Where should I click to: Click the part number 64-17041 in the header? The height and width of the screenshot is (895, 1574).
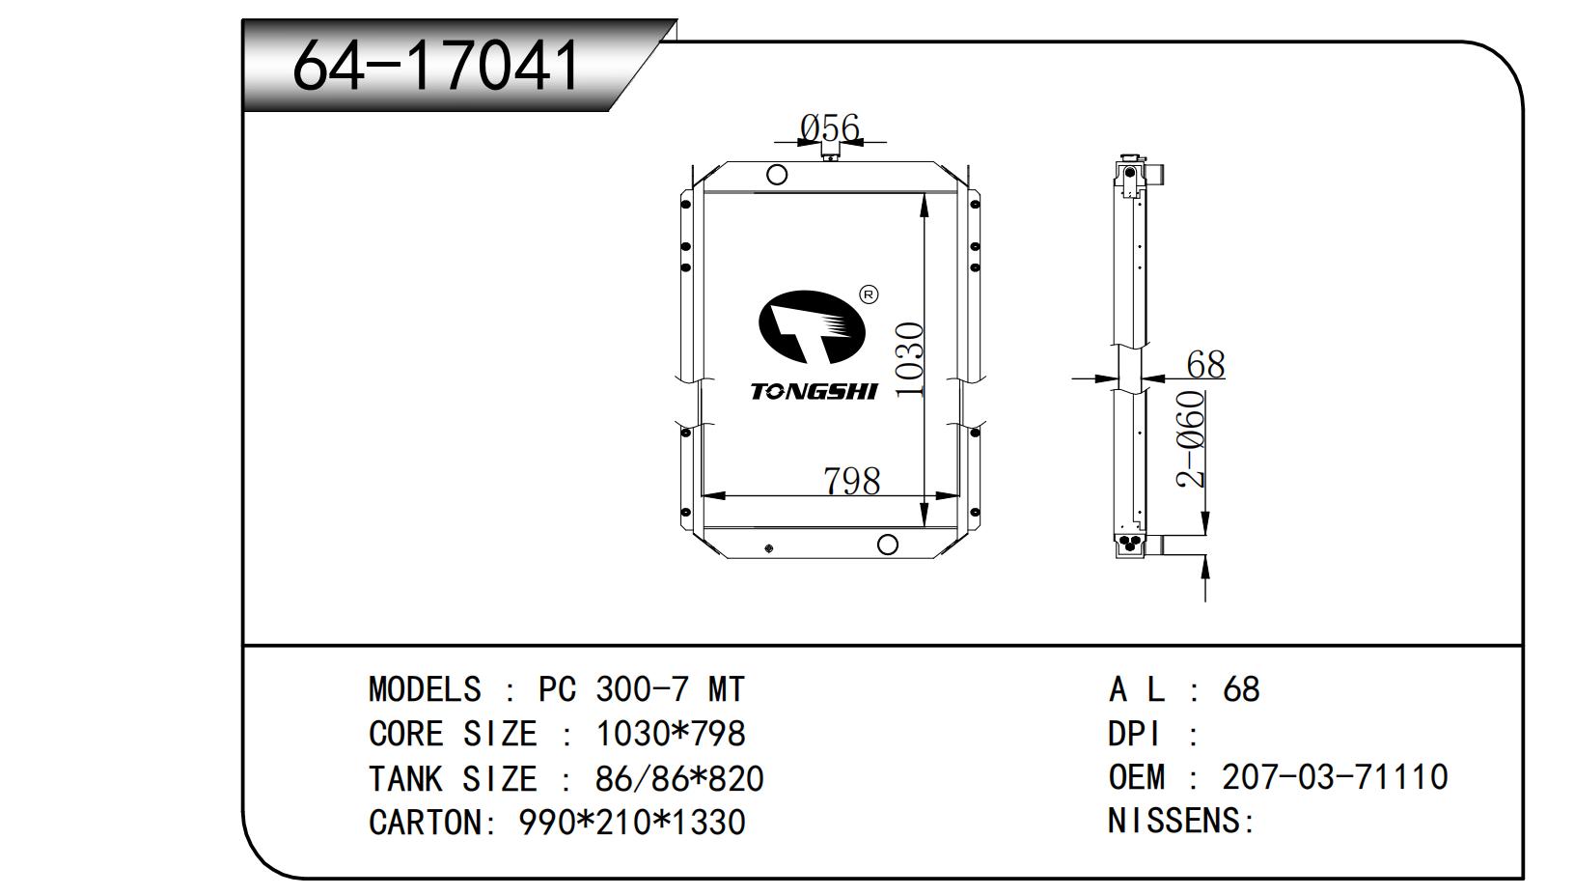[x=436, y=66]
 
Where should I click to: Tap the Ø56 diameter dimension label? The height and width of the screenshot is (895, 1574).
[x=829, y=126]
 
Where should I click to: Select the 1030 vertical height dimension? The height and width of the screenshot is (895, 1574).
[x=909, y=359]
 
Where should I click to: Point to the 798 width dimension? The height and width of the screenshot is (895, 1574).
[x=851, y=480]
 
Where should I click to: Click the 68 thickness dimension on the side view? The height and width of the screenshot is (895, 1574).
[x=1205, y=364]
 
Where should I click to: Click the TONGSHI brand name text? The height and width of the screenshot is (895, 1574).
[x=814, y=391]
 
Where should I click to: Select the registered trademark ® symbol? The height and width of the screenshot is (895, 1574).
[x=869, y=294]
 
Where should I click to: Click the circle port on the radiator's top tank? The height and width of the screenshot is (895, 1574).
[x=776, y=175]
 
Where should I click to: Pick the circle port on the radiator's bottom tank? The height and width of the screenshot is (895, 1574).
[x=887, y=545]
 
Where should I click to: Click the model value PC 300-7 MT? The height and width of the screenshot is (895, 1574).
[x=641, y=689]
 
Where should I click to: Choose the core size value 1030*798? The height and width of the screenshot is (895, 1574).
[x=671, y=734]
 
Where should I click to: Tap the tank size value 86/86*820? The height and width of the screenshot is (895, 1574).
[x=679, y=778]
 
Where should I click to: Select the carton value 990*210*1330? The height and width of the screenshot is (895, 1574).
[x=632, y=823]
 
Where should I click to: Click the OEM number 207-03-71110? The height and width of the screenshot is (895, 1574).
[x=1335, y=777]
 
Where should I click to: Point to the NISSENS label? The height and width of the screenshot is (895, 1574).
[x=1180, y=822]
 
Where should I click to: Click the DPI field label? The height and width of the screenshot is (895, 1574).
[x=1134, y=734]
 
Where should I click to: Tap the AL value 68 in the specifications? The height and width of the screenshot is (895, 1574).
[x=1241, y=689]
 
